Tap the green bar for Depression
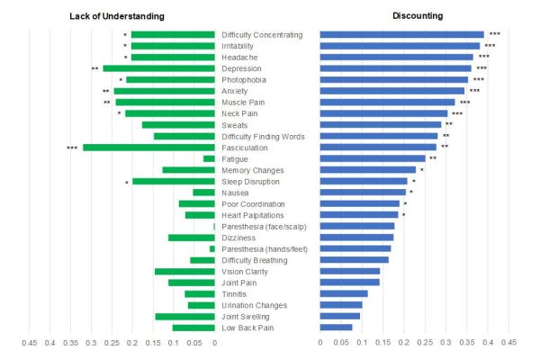[x=158, y=68]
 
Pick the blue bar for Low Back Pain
[x=337, y=328]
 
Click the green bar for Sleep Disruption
[x=174, y=181]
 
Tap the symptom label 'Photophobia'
[x=245, y=80]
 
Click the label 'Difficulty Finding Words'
[x=263, y=137]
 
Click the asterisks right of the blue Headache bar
[x=484, y=58]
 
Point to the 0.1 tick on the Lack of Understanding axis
[x=174, y=342]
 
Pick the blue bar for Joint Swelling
[x=340, y=316]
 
